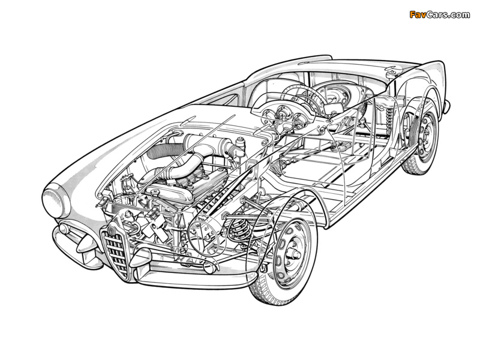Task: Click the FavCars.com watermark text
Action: pos(440,14)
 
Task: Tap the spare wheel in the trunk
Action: pos(333,96)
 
